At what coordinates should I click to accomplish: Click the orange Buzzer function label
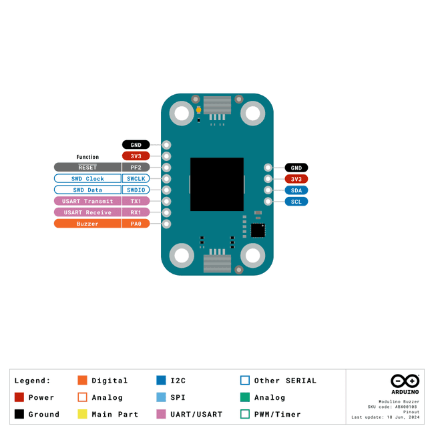pyautogui.click(x=87, y=224)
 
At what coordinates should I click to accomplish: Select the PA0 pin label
pyautogui.click(x=136, y=224)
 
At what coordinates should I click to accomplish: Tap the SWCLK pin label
pyautogui.click(x=136, y=179)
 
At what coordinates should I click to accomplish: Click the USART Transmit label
pyautogui.click(x=87, y=201)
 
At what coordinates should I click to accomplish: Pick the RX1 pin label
pyautogui.click(x=136, y=212)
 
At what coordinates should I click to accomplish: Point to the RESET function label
pyautogui.click(x=87, y=168)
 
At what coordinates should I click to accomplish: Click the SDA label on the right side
pyautogui.click(x=296, y=190)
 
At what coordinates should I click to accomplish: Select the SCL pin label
pyautogui.click(x=296, y=202)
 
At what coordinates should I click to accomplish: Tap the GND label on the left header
pyautogui.click(x=136, y=145)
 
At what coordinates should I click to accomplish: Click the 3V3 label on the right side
pyautogui.click(x=296, y=179)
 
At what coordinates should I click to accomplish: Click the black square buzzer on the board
pyautogui.click(x=217, y=184)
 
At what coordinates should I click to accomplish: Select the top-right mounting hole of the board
pyautogui.click(x=252, y=113)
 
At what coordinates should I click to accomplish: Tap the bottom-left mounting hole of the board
pyautogui.click(x=182, y=256)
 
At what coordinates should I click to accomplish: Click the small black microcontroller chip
pyautogui.click(x=258, y=230)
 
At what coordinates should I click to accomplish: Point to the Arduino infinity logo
pyautogui.click(x=405, y=381)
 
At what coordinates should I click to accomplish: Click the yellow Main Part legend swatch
pyautogui.click(x=83, y=414)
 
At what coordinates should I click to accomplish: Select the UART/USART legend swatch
pyautogui.click(x=161, y=414)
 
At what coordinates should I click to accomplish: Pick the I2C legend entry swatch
pyautogui.click(x=161, y=381)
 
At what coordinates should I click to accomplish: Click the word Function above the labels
pyautogui.click(x=87, y=157)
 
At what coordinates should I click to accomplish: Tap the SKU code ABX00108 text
pyautogui.click(x=393, y=407)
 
